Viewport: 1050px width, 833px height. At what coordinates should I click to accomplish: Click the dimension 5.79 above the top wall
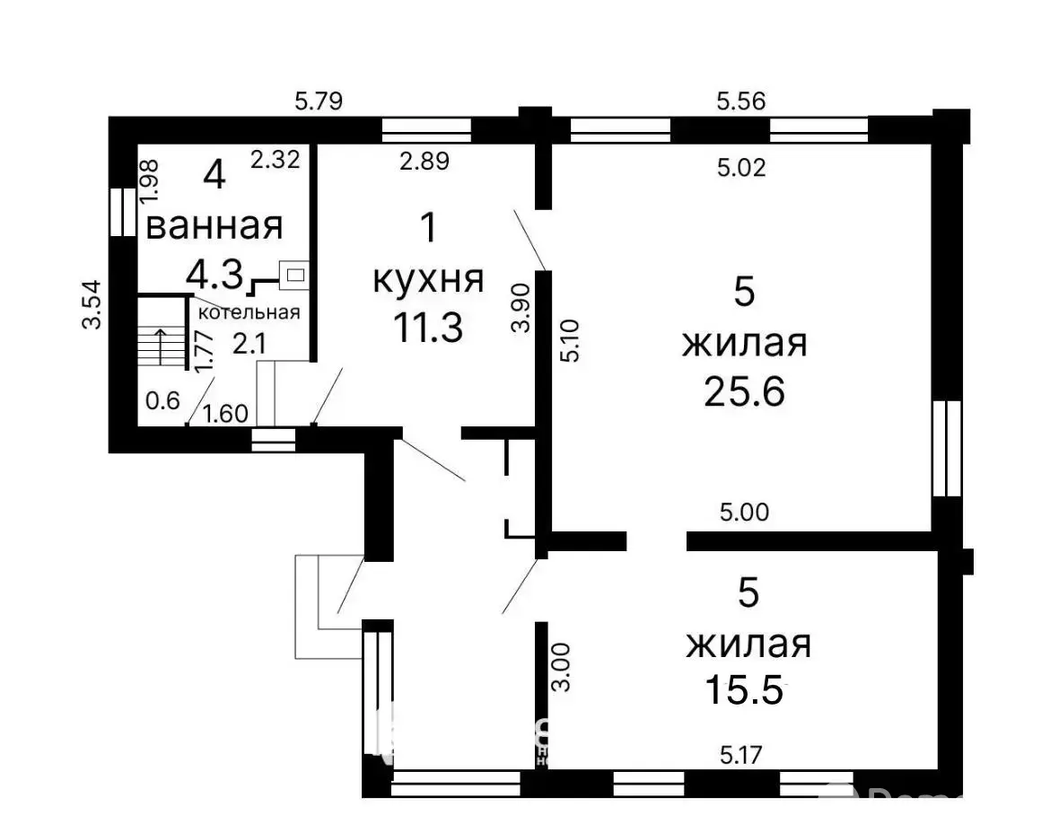[319, 101]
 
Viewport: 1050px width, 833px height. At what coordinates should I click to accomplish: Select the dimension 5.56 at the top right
[740, 101]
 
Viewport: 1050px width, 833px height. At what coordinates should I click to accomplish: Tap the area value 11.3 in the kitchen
[427, 328]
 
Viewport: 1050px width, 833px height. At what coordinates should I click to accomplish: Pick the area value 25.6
[745, 391]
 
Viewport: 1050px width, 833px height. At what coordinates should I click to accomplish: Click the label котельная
[249, 312]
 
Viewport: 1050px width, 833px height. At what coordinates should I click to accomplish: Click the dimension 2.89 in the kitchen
[424, 162]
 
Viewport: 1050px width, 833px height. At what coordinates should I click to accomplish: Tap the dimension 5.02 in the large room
[741, 167]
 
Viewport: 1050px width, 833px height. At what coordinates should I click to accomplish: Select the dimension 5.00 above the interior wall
[744, 513]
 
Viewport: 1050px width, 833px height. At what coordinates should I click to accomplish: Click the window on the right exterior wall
[946, 448]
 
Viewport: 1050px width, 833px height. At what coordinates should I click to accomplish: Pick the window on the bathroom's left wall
[118, 213]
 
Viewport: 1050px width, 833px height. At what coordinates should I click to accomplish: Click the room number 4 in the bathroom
[214, 175]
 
